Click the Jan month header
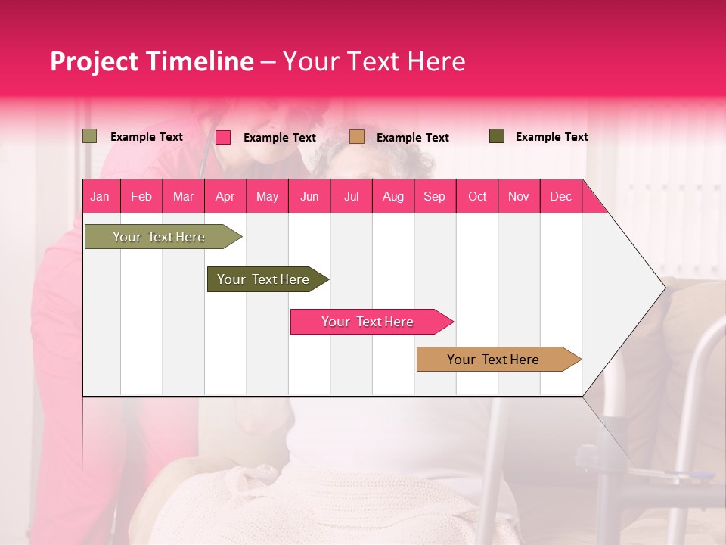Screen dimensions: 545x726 click(100, 196)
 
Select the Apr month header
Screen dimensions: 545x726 click(225, 196)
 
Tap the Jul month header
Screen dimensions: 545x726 click(351, 196)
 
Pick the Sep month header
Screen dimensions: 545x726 click(434, 196)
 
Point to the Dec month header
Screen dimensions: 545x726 click(560, 196)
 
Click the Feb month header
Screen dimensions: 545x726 click(141, 196)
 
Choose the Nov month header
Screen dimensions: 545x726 click(518, 196)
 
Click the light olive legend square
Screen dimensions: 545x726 click(90, 136)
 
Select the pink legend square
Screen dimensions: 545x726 click(223, 137)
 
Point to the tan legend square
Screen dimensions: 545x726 click(357, 136)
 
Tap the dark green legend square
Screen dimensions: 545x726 click(497, 136)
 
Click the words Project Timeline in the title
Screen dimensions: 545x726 click(151, 61)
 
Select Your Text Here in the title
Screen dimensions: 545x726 click(374, 61)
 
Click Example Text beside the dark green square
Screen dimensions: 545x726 click(551, 137)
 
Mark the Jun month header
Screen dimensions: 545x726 click(309, 196)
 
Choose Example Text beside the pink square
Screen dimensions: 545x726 click(279, 138)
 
